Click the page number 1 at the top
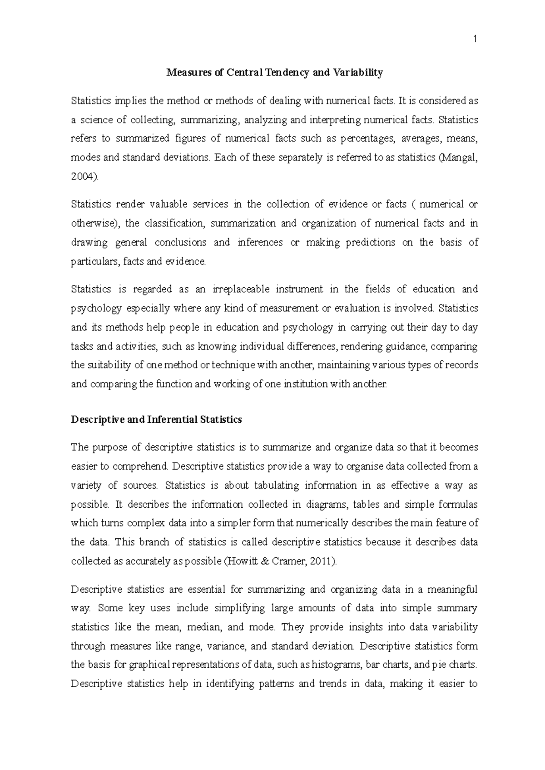tap(475, 40)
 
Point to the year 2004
tap(83, 177)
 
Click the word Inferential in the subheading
tap(172, 420)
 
